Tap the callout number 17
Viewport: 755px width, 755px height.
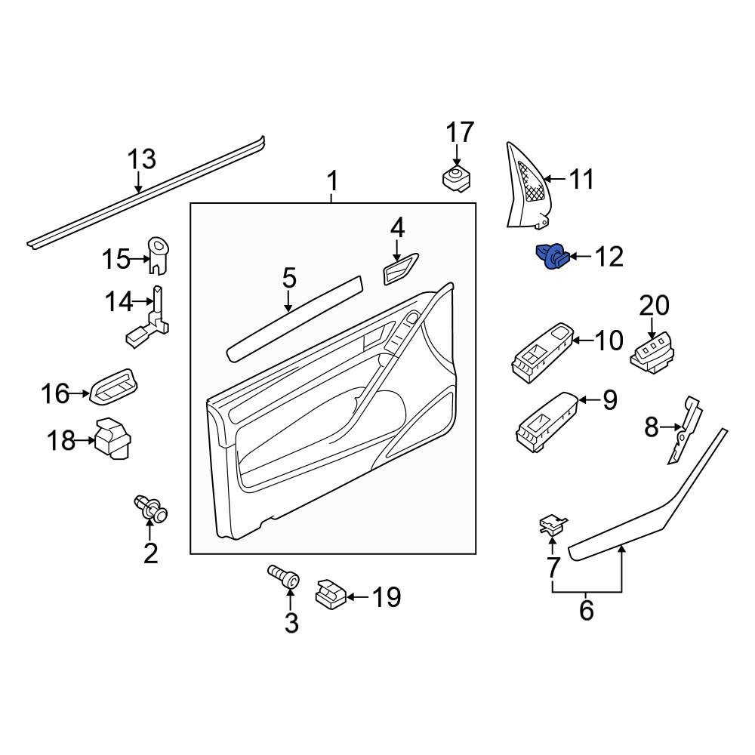click(x=460, y=133)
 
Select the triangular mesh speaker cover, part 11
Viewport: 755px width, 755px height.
click(x=528, y=186)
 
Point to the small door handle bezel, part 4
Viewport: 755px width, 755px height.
click(x=401, y=269)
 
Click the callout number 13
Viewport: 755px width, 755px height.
click(x=142, y=159)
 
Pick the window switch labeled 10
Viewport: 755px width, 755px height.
click(x=542, y=353)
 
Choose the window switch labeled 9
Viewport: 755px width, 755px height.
click(x=546, y=422)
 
